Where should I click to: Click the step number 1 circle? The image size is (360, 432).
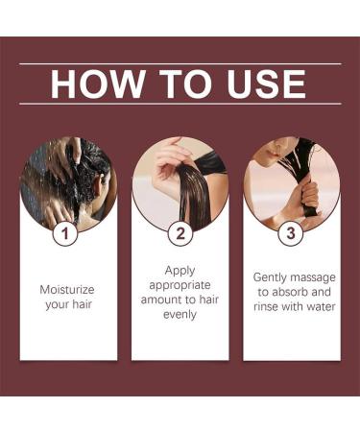(66, 232)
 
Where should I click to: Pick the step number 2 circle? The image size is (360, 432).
(180, 232)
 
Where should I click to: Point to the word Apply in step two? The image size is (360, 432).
(180, 271)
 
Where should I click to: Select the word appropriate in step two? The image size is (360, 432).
(180, 285)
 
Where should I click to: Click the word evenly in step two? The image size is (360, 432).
(180, 314)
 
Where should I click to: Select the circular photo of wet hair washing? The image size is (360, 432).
(67, 182)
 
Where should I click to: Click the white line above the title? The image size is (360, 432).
(180, 63)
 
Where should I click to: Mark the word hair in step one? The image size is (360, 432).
(80, 303)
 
